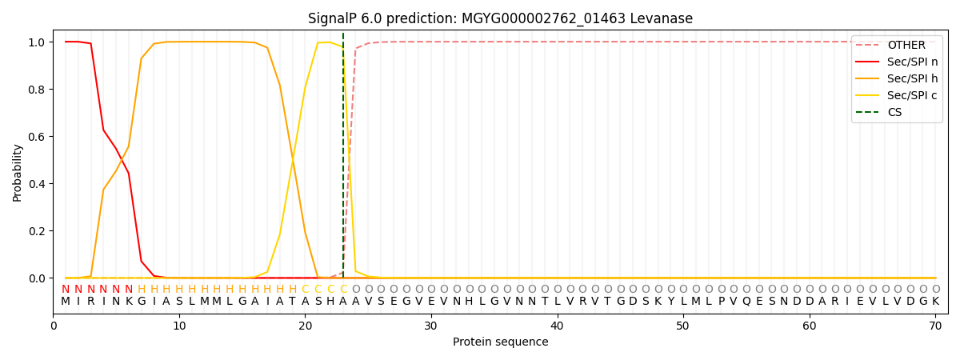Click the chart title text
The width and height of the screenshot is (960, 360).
[x=500, y=18]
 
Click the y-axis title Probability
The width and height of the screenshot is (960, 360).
[x=18, y=172]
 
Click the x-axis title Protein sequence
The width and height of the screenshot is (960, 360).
[x=500, y=342]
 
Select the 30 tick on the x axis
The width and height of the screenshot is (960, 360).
[x=431, y=326]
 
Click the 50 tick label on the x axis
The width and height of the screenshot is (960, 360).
[x=682, y=326]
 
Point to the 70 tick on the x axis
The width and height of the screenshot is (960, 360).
[x=934, y=326]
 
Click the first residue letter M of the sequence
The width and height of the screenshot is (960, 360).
[x=66, y=302]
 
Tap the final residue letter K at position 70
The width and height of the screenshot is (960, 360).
[x=935, y=302]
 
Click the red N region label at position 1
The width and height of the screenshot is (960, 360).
[x=66, y=289]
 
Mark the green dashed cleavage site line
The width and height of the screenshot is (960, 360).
[x=343, y=160]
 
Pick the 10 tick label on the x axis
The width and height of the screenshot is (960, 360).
[x=179, y=326]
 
